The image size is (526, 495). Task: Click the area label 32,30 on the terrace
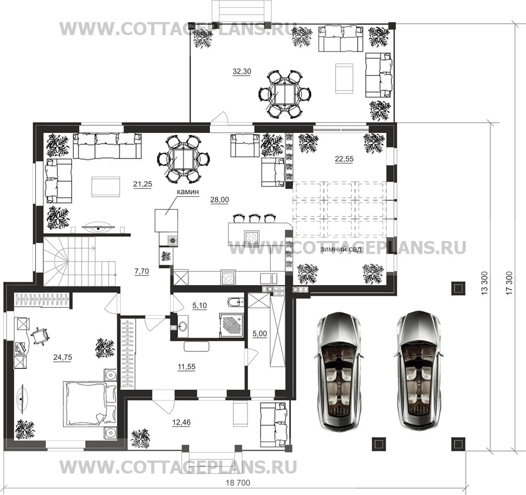tap(242, 71)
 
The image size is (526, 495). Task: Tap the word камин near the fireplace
tap(188, 192)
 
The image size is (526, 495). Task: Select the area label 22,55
tap(344, 159)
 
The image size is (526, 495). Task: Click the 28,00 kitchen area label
tap(220, 200)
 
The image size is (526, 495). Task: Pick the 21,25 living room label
tap(143, 184)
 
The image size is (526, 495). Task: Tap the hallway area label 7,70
tap(142, 272)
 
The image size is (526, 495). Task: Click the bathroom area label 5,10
tap(200, 305)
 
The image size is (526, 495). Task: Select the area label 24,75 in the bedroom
tap(63, 358)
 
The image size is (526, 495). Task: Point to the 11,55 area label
tap(186, 367)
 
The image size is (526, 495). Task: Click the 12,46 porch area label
tap(181, 423)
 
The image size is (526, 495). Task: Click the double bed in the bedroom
tap(89, 404)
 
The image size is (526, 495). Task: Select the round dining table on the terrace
tap(285, 94)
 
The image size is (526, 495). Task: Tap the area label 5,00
tap(260, 334)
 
